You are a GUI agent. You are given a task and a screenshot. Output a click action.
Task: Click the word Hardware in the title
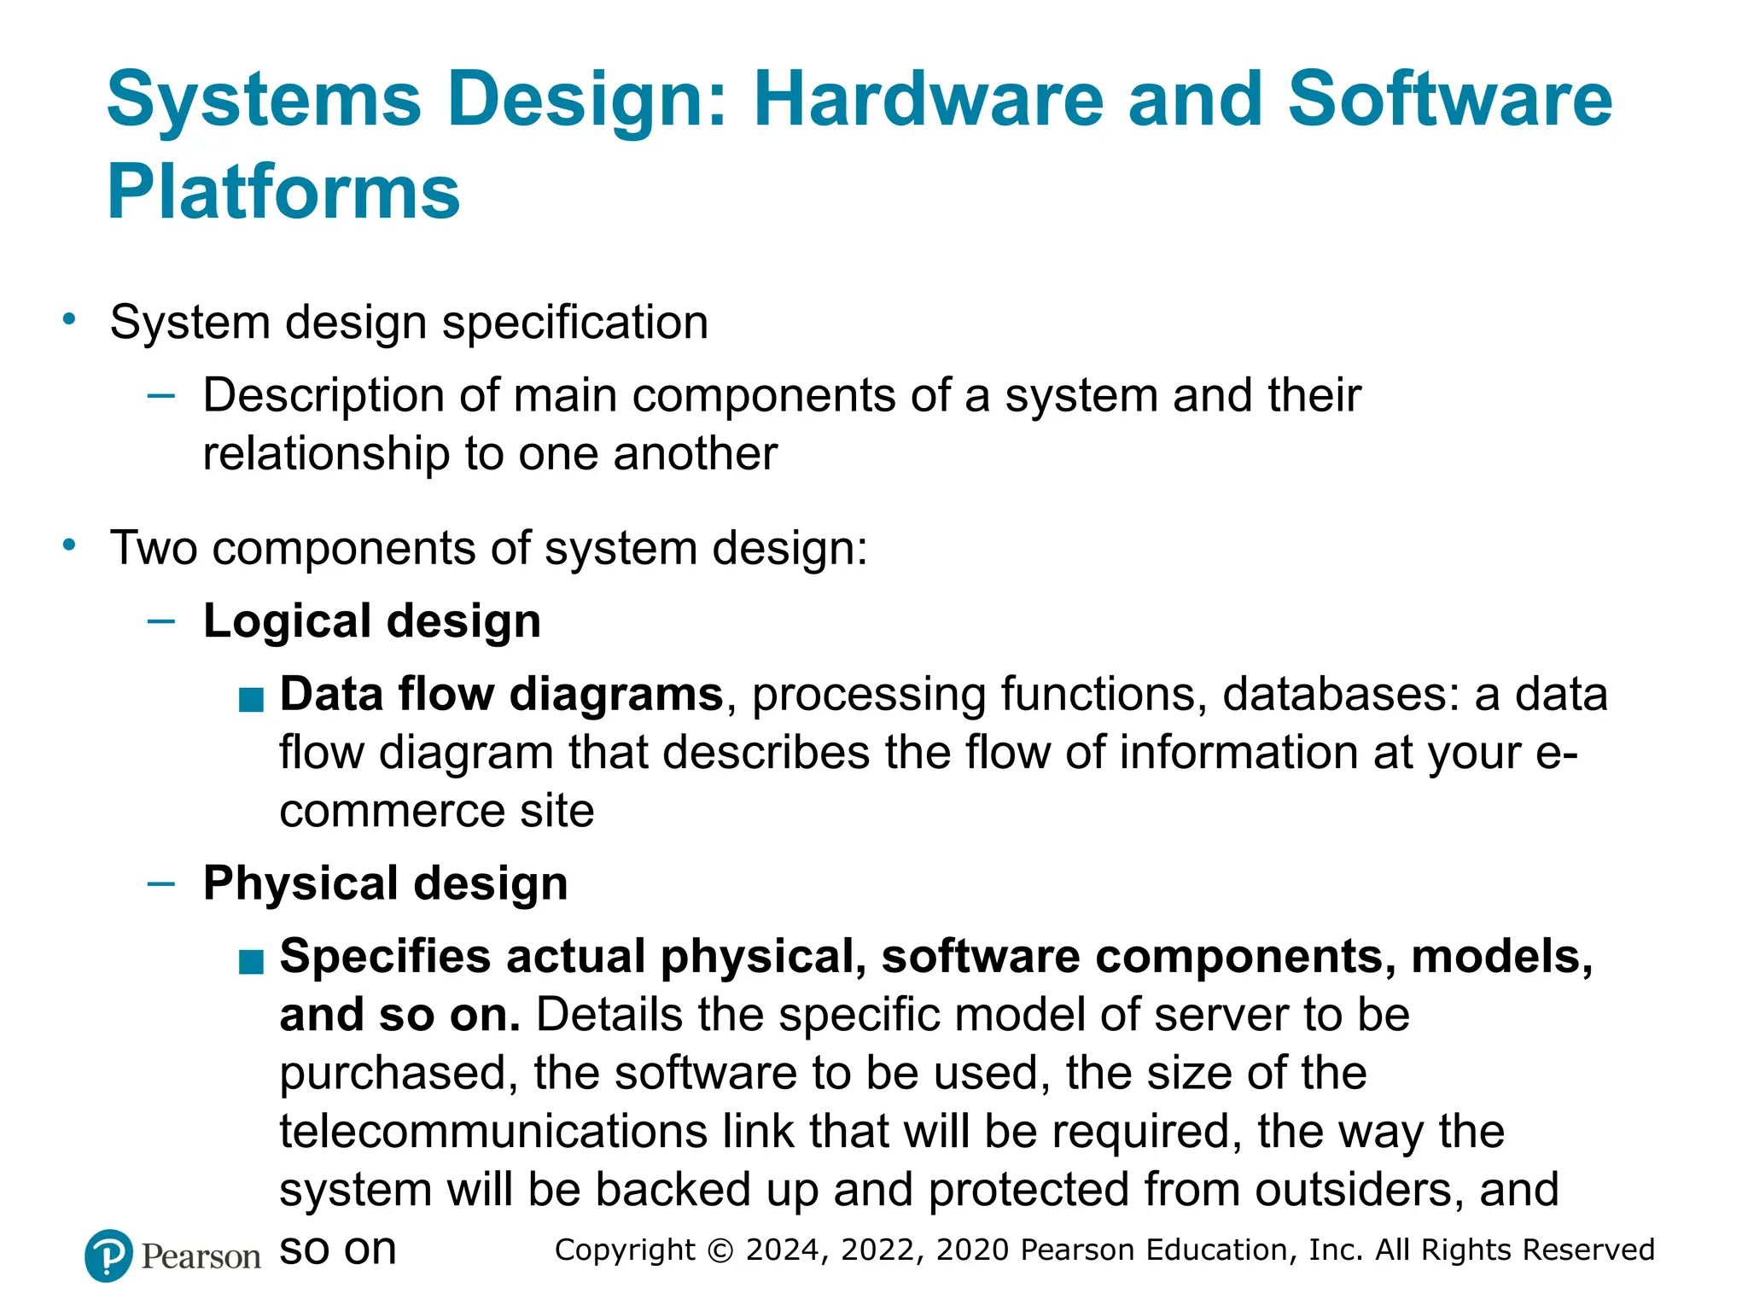[x=929, y=100]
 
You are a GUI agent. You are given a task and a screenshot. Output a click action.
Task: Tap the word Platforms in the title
[x=283, y=192]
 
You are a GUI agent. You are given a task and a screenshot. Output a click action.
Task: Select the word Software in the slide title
[x=1449, y=100]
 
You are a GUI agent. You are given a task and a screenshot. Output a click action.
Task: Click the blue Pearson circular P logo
[x=108, y=1256]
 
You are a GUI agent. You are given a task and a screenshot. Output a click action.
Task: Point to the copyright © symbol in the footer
[x=720, y=1250]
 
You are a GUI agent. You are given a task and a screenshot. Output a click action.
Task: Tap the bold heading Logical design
[x=372, y=621]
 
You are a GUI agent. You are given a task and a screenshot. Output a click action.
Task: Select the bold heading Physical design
[x=385, y=883]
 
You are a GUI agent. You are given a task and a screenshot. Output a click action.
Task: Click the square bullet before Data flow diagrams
[x=251, y=701]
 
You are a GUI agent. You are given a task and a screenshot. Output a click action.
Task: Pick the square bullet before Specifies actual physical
[x=251, y=963]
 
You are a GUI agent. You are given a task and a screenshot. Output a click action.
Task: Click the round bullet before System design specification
[x=70, y=320]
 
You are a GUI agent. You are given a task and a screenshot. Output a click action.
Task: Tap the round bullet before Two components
[x=70, y=545]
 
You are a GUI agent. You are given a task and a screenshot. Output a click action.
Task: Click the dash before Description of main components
[x=161, y=395]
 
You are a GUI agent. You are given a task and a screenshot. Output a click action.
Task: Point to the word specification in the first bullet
[x=575, y=323]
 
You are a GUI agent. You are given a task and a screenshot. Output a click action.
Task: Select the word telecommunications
[x=493, y=1132]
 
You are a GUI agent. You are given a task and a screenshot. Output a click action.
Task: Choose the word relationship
[x=326, y=453]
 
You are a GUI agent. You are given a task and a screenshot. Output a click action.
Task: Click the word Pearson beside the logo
[x=201, y=1257]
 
